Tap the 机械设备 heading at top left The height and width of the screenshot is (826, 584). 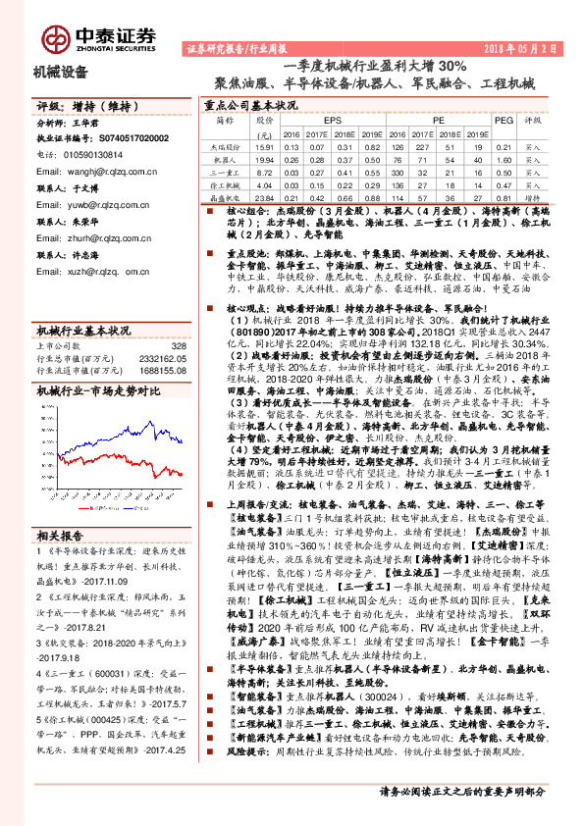pos(61,71)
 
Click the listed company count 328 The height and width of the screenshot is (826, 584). pos(178,346)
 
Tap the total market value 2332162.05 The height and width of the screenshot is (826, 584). pos(157,360)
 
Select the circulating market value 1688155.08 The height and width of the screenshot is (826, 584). pos(157,372)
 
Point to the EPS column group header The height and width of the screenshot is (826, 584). pos(321,120)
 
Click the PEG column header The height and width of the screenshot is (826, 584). pos(504,120)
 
